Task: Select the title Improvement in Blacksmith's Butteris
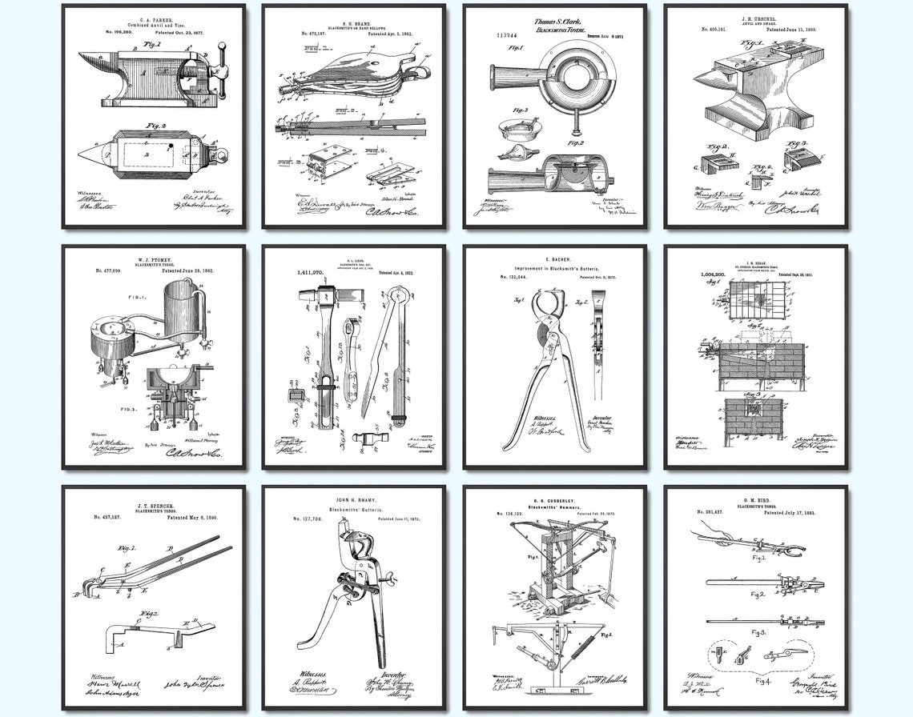coord(554,268)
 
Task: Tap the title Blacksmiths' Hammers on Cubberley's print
coord(555,516)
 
